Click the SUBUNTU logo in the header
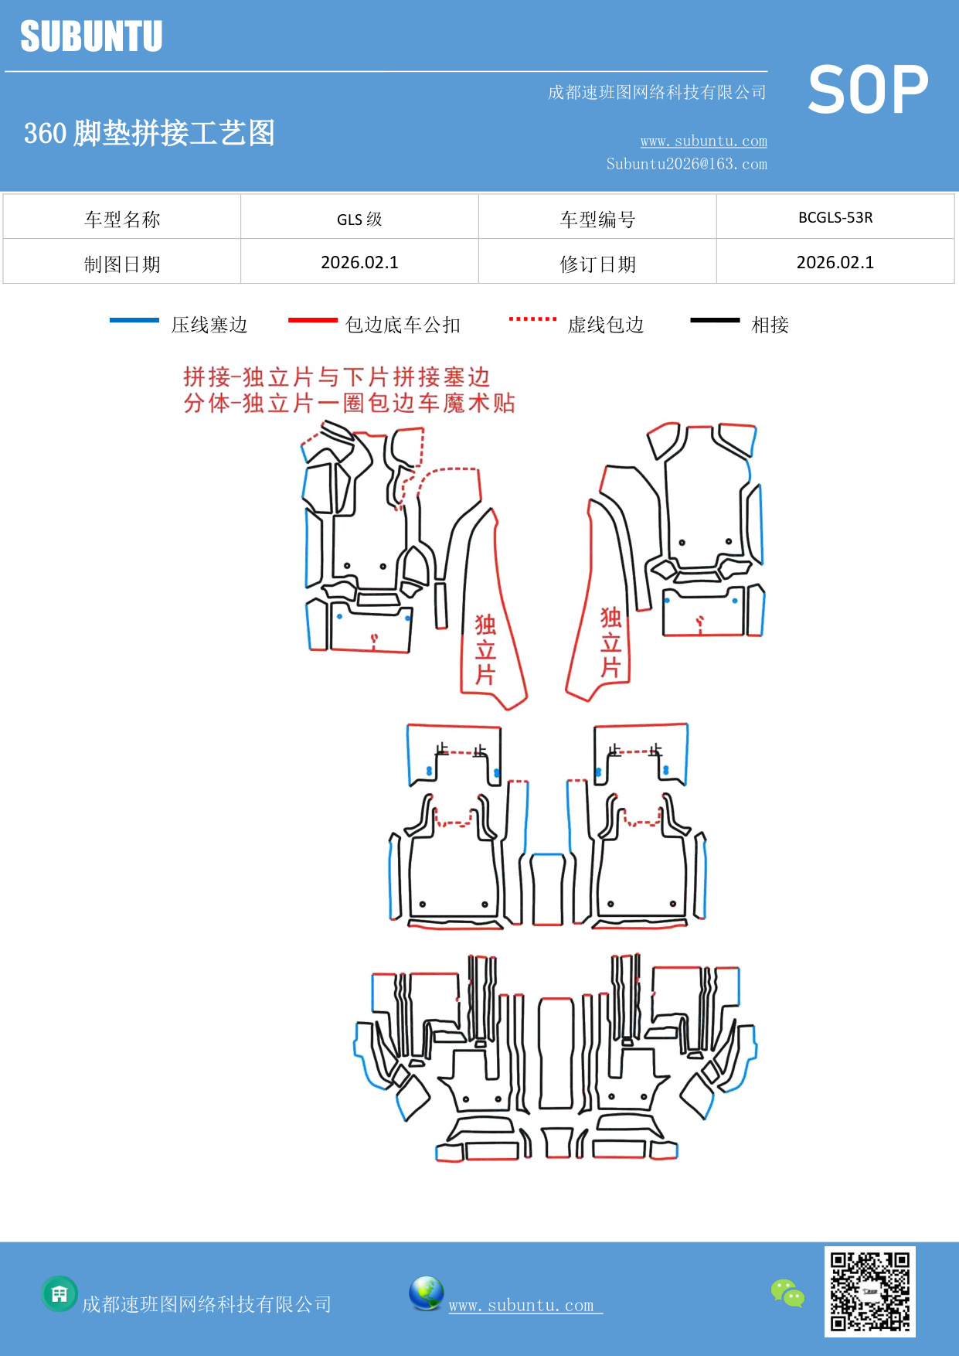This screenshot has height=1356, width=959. pos(91,36)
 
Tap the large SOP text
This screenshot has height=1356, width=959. pos(868,90)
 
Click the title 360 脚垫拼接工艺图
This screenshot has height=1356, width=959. pos(149,133)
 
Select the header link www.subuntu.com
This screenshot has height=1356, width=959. pos(703,141)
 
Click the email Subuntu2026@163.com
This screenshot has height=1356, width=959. pos(686,164)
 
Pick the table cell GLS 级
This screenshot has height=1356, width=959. pos(359,219)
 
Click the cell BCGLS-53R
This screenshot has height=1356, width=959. pos(835,217)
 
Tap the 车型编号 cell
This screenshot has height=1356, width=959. pos(597,220)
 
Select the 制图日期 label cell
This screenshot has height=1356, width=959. pos(122,264)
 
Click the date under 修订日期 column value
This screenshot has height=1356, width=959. pos(835,263)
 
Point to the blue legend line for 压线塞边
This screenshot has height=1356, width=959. pos(134,320)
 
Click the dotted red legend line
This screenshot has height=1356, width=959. pos(532,319)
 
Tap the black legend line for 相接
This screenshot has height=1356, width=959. pos(715,320)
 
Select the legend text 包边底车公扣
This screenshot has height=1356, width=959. pos(403,325)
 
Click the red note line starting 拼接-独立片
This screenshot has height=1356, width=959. pos(336,377)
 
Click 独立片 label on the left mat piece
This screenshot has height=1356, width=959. pos(485,649)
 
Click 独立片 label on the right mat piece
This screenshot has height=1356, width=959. pos(610,642)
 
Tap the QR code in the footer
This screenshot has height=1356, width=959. pos(869,1291)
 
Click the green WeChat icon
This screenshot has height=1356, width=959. pos(787,1293)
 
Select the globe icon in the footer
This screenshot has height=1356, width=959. pos(426,1293)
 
